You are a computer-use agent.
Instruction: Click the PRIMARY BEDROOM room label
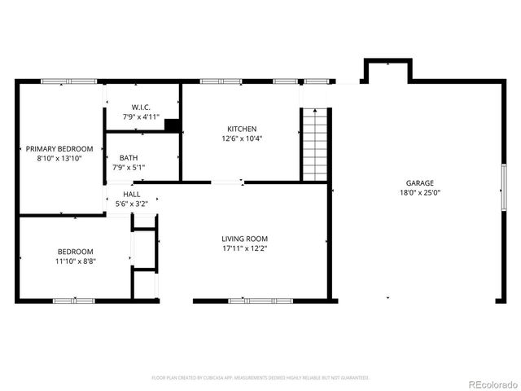(59, 149)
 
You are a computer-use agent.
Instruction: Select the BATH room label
(129, 158)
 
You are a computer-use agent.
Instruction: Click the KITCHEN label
(242, 129)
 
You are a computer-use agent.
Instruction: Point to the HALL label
(131, 195)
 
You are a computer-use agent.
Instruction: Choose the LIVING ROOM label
(245, 239)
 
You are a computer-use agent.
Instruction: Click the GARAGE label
(420, 183)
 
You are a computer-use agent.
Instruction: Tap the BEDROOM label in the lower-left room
(75, 252)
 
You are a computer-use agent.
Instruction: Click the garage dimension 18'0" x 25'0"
(420, 193)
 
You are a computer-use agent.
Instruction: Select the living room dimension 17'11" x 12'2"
(245, 248)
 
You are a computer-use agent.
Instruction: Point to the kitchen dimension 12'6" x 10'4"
(242, 138)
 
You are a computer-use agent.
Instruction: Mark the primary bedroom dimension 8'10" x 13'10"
(59, 159)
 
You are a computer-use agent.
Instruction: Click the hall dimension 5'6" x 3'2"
(131, 204)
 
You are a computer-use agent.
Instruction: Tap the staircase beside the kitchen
(314, 143)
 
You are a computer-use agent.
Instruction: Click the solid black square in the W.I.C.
(172, 125)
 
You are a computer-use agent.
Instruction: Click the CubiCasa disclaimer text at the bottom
(260, 378)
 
